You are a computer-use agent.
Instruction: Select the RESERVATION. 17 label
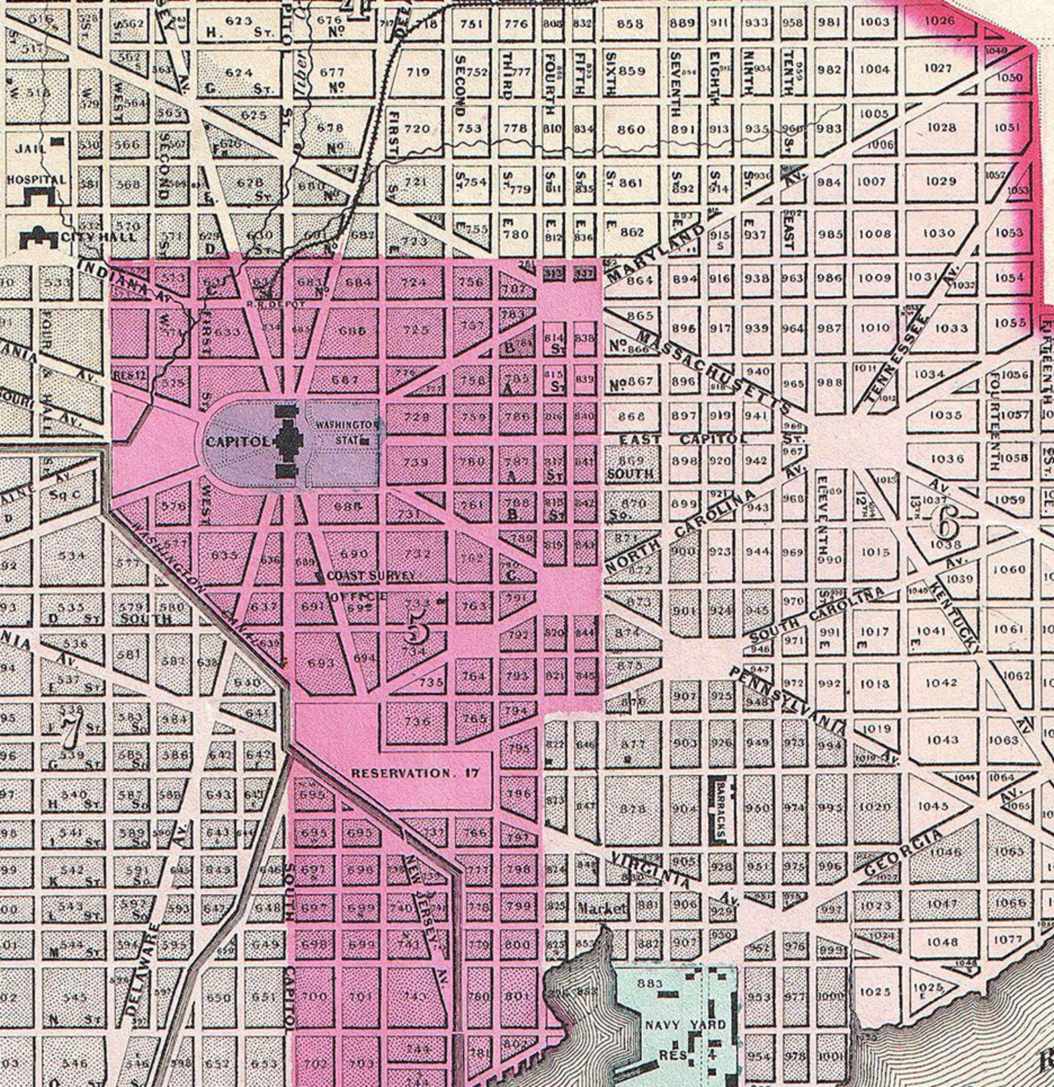click(x=415, y=773)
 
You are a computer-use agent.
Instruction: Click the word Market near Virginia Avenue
click(x=601, y=908)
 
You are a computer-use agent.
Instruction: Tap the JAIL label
click(x=30, y=148)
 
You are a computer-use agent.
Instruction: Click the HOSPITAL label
click(x=37, y=179)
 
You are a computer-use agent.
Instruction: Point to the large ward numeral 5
click(x=417, y=627)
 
